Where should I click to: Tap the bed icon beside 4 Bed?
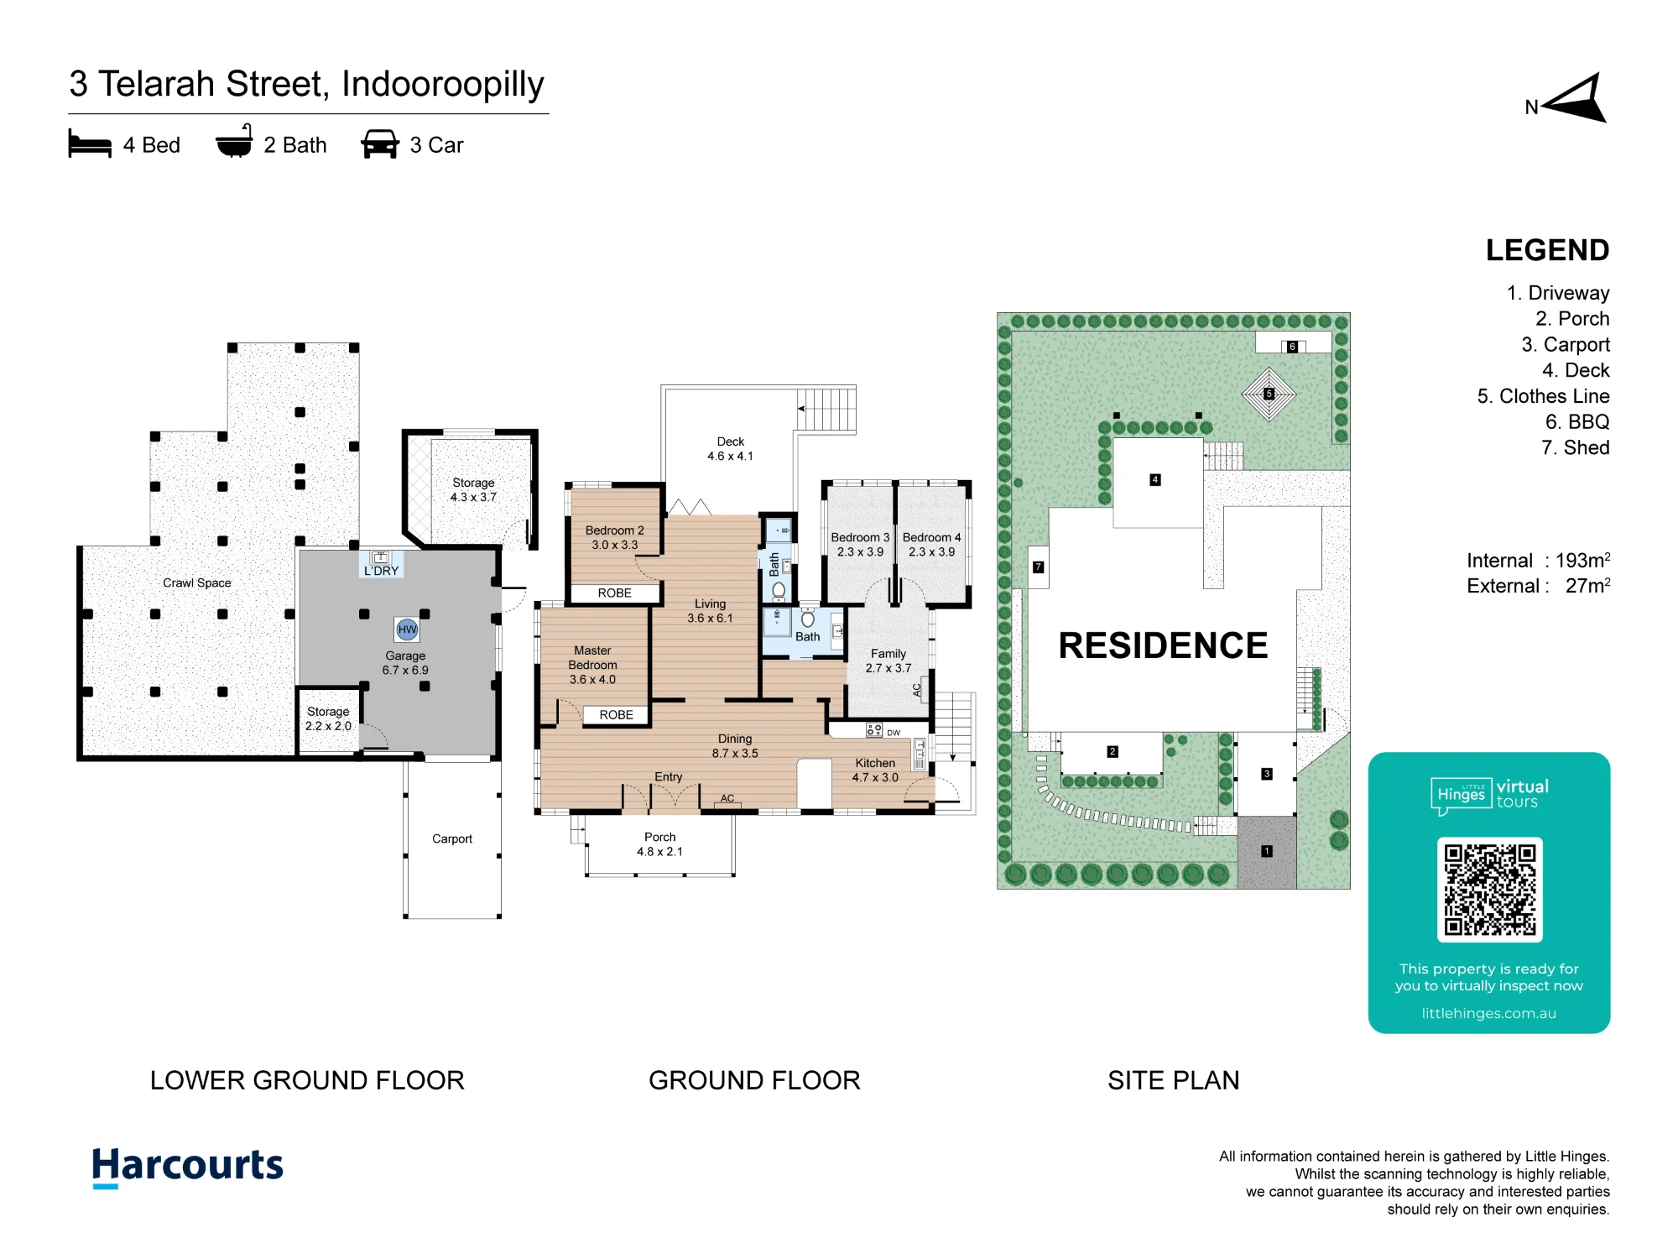[x=90, y=144]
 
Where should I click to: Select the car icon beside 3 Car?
[x=380, y=144]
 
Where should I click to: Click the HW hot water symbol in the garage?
[x=407, y=629]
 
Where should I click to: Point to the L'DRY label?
[x=381, y=571]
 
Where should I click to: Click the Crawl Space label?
[x=197, y=582]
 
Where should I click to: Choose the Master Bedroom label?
[x=592, y=657]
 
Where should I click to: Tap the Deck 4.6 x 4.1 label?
[x=730, y=449]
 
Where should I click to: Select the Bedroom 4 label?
[x=931, y=537]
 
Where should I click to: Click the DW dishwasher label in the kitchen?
[x=894, y=733]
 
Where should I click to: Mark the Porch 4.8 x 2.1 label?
[x=659, y=844]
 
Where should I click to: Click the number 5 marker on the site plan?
[x=1269, y=394]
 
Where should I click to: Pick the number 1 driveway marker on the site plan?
[x=1267, y=851]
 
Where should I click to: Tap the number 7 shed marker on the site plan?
[x=1039, y=567]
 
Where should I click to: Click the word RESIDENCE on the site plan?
[x=1163, y=645]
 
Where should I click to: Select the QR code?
[x=1489, y=890]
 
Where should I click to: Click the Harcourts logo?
[x=188, y=1167]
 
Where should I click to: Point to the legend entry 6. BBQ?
[x=1577, y=421]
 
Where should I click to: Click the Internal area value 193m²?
[x=1582, y=560]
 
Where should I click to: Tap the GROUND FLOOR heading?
[x=754, y=1080]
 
